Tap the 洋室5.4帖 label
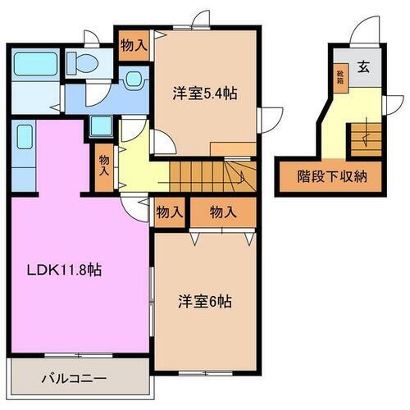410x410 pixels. coord(205,93)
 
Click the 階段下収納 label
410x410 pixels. coord(331,176)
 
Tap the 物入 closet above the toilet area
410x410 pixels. coord(133,44)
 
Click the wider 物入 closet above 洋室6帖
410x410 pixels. coord(223,212)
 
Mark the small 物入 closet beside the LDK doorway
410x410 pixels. coord(169,212)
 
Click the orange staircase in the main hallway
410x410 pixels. coord(201,173)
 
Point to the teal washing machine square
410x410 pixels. coord(102,126)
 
